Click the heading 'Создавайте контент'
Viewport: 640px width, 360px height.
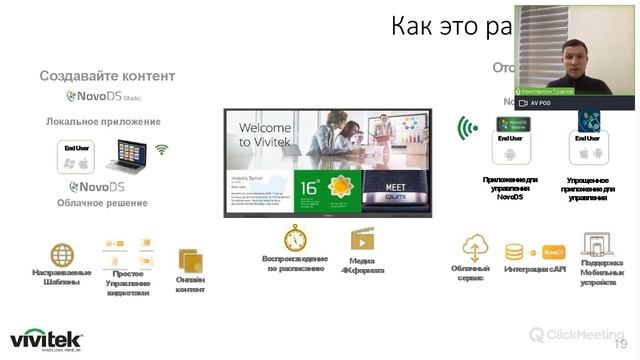107,76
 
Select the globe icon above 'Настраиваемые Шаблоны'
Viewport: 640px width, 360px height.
62,255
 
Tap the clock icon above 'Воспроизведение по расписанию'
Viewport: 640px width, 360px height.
295,238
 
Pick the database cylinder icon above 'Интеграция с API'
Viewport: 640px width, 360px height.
515,252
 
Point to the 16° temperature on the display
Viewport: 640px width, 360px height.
310,186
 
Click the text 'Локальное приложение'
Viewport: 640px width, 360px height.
103,122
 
